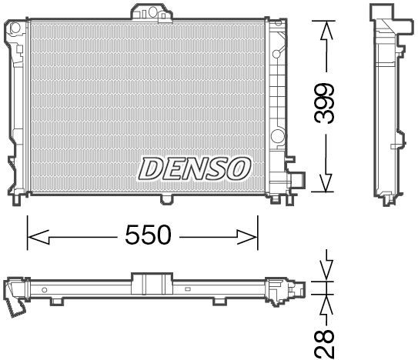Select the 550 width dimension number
[148, 235]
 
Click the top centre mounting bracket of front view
[149, 12]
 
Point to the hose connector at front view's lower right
[296, 181]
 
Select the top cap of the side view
[384, 14]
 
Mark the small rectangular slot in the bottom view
[187, 289]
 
